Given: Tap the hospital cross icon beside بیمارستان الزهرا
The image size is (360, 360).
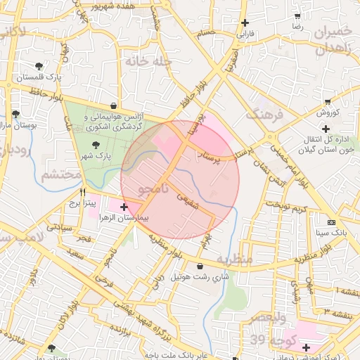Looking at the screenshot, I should click(124, 207).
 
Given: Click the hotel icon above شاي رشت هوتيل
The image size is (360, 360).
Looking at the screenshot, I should click(201, 266).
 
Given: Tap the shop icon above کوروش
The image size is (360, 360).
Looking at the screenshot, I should click(326, 102).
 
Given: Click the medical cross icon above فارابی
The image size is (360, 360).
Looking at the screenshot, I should click(244, 22).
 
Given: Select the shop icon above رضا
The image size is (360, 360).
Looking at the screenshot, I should click(297, 15).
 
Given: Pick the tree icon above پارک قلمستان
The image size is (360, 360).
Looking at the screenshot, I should click(38, 65).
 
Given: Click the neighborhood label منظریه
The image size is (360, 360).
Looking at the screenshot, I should click(233, 260).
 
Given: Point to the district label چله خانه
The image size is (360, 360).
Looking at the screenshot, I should click(148, 61).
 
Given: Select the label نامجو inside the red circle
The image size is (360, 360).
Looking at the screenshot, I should click(154, 189).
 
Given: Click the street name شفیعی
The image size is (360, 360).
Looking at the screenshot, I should click(188, 197).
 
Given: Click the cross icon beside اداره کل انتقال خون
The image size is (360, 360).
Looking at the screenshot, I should click(326, 128).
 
